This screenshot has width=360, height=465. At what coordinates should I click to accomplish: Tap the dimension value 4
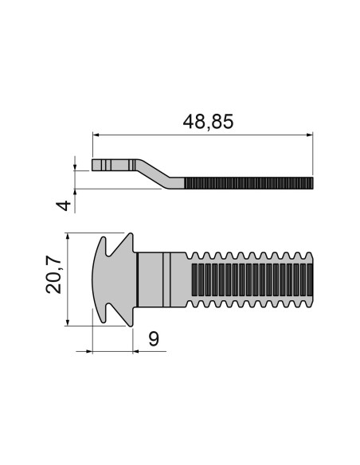click(x=66, y=205)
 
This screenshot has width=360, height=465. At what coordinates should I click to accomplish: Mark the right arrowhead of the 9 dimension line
click(x=131, y=350)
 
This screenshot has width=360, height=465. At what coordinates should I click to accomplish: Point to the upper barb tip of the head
click(x=128, y=236)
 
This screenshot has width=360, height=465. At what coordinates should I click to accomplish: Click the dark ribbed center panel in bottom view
click(x=247, y=279)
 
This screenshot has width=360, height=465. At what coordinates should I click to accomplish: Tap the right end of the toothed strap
click(x=313, y=279)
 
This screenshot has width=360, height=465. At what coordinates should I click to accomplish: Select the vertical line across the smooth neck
click(x=166, y=279)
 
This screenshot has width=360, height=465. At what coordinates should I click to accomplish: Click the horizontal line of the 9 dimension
click(x=112, y=350)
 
